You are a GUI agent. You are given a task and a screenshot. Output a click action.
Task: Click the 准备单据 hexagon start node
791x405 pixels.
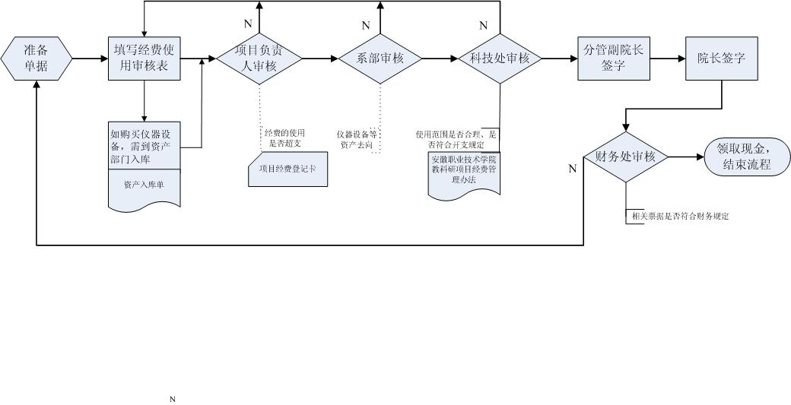click(37, 58)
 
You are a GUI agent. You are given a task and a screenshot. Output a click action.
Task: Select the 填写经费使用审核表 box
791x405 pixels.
click(144, 58)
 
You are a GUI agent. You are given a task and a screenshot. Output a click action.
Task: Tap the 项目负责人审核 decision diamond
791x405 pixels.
click(259, 59)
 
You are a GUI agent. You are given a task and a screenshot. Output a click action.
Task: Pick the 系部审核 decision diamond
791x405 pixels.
click(379, 59)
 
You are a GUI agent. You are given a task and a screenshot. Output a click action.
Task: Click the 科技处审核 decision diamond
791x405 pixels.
click(499, 59)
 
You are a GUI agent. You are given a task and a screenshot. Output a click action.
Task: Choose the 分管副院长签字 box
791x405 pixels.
click(613, 58)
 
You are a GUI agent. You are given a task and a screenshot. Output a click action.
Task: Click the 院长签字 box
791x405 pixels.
click(721, 58)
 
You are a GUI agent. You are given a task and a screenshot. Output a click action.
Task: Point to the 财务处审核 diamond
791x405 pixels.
click(625, 157)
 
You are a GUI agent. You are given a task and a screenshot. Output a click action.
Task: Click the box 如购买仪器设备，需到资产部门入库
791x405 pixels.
click(144, 145)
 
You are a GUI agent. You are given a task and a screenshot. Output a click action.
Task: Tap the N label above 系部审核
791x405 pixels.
click(366, 26)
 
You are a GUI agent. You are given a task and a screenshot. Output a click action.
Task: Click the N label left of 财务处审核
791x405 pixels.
click(573, 169)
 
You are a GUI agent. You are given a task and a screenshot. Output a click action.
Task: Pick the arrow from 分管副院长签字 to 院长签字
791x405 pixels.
click(668, 59)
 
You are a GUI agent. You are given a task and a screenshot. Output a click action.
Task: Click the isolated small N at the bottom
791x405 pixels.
click(173, 399)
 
